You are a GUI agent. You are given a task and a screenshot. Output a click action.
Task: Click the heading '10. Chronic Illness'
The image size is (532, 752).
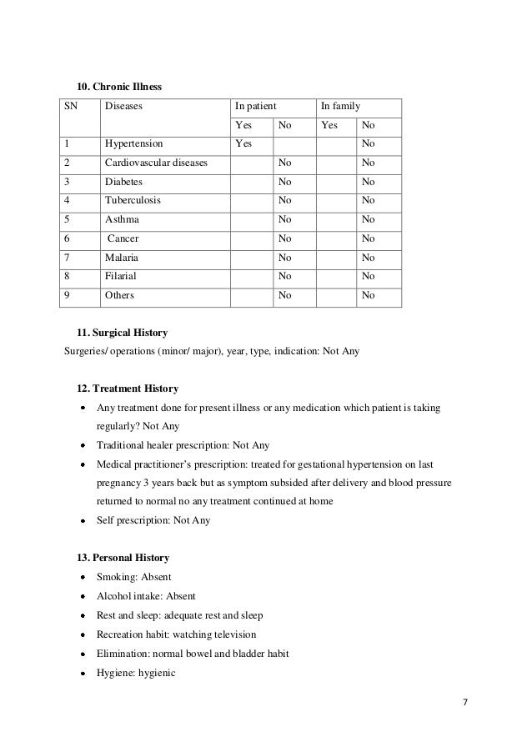coord(118,86)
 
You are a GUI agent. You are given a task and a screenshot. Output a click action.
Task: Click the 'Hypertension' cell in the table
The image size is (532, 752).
coord(133,143)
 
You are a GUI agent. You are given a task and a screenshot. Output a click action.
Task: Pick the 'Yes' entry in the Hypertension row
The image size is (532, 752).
coord(243,143)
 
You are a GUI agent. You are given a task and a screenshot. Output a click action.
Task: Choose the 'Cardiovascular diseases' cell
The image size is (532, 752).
coord(156,163)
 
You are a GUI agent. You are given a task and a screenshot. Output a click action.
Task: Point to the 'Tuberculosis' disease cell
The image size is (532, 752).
coord(133,200)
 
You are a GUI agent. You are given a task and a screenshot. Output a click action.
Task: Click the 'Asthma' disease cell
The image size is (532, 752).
coord(123,219)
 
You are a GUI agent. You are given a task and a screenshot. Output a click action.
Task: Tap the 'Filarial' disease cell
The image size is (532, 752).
coord(121,276)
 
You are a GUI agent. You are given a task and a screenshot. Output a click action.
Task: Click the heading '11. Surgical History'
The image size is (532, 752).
coord(122,333)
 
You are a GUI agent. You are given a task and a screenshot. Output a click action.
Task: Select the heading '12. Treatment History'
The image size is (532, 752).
coord(127,389)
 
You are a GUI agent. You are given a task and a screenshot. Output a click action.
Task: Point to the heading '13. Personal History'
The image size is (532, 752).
coord(123,557)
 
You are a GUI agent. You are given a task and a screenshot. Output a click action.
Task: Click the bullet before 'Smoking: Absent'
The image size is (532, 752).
coord(84,578)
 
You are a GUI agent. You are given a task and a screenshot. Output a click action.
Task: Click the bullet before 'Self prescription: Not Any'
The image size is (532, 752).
coord(84,520)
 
